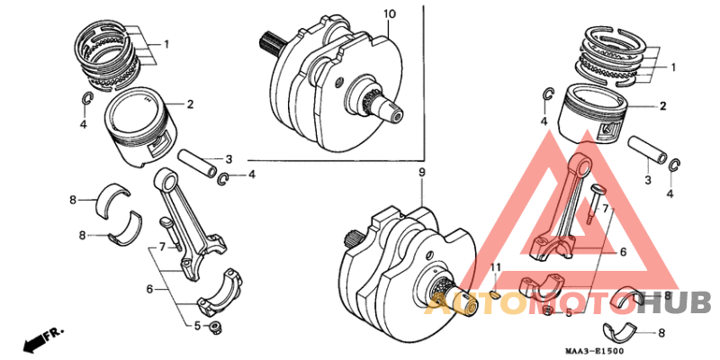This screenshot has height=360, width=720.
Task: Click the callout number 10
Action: (x=389, y=14)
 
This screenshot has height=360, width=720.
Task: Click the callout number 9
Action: (x=421, y=172)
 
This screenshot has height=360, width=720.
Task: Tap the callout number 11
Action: (x=495, y=269)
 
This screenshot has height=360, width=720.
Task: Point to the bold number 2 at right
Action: (x=663, y=106)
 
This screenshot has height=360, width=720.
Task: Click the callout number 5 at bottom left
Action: (x=197, y=325)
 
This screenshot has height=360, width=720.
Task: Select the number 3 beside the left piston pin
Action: (x=229, y=158)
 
